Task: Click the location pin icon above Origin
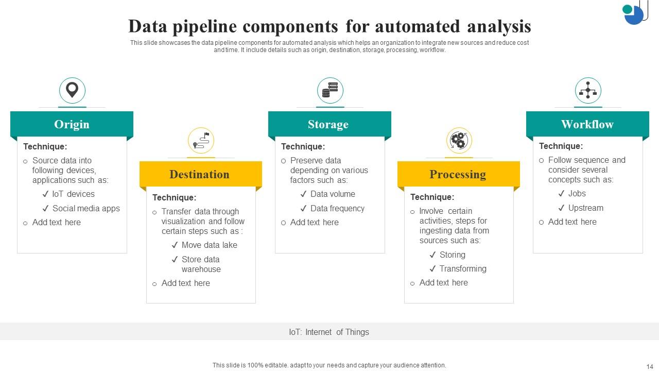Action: (x=72, y=91)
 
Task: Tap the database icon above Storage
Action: (x=329, y=91)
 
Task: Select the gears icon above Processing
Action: (x=458, y=140)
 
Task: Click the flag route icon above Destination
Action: (x=201, y=140)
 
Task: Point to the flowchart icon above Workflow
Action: (x=587, y=91)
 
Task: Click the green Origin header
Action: (x=72, y=124)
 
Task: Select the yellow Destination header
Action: (x=200, y=174)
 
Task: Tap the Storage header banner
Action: (x=329, y=124)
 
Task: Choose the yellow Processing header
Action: (x=458, y=174)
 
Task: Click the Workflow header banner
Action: (x=587, y=124)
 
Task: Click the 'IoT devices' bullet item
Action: (x=73, y=194)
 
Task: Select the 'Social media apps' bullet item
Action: (x=85, y=209)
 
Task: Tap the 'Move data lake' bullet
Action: (x=209, y=245)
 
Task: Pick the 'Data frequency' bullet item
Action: (x=337, y=209)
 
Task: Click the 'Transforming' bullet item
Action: (x=462, y=269)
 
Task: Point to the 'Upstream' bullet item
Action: (x=585, y=208)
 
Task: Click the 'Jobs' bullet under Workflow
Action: (x=577, y=194)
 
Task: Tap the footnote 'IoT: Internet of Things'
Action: (x=329, y=332)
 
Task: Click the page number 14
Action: (x=649, y=365)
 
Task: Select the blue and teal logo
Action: (x=634, y=13)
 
